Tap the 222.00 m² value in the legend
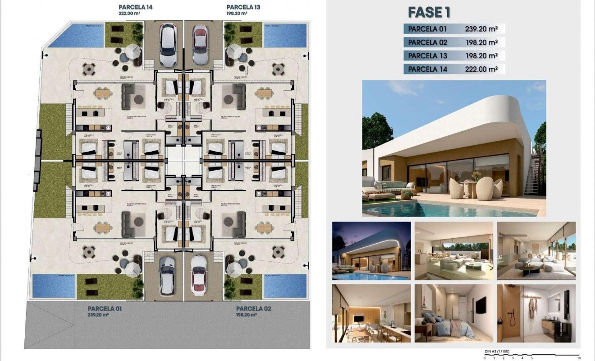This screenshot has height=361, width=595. (481, 69)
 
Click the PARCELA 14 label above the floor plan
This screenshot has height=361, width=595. (135, 7)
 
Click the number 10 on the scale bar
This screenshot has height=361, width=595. (577, 358)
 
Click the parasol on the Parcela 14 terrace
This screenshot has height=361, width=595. (134, 51)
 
